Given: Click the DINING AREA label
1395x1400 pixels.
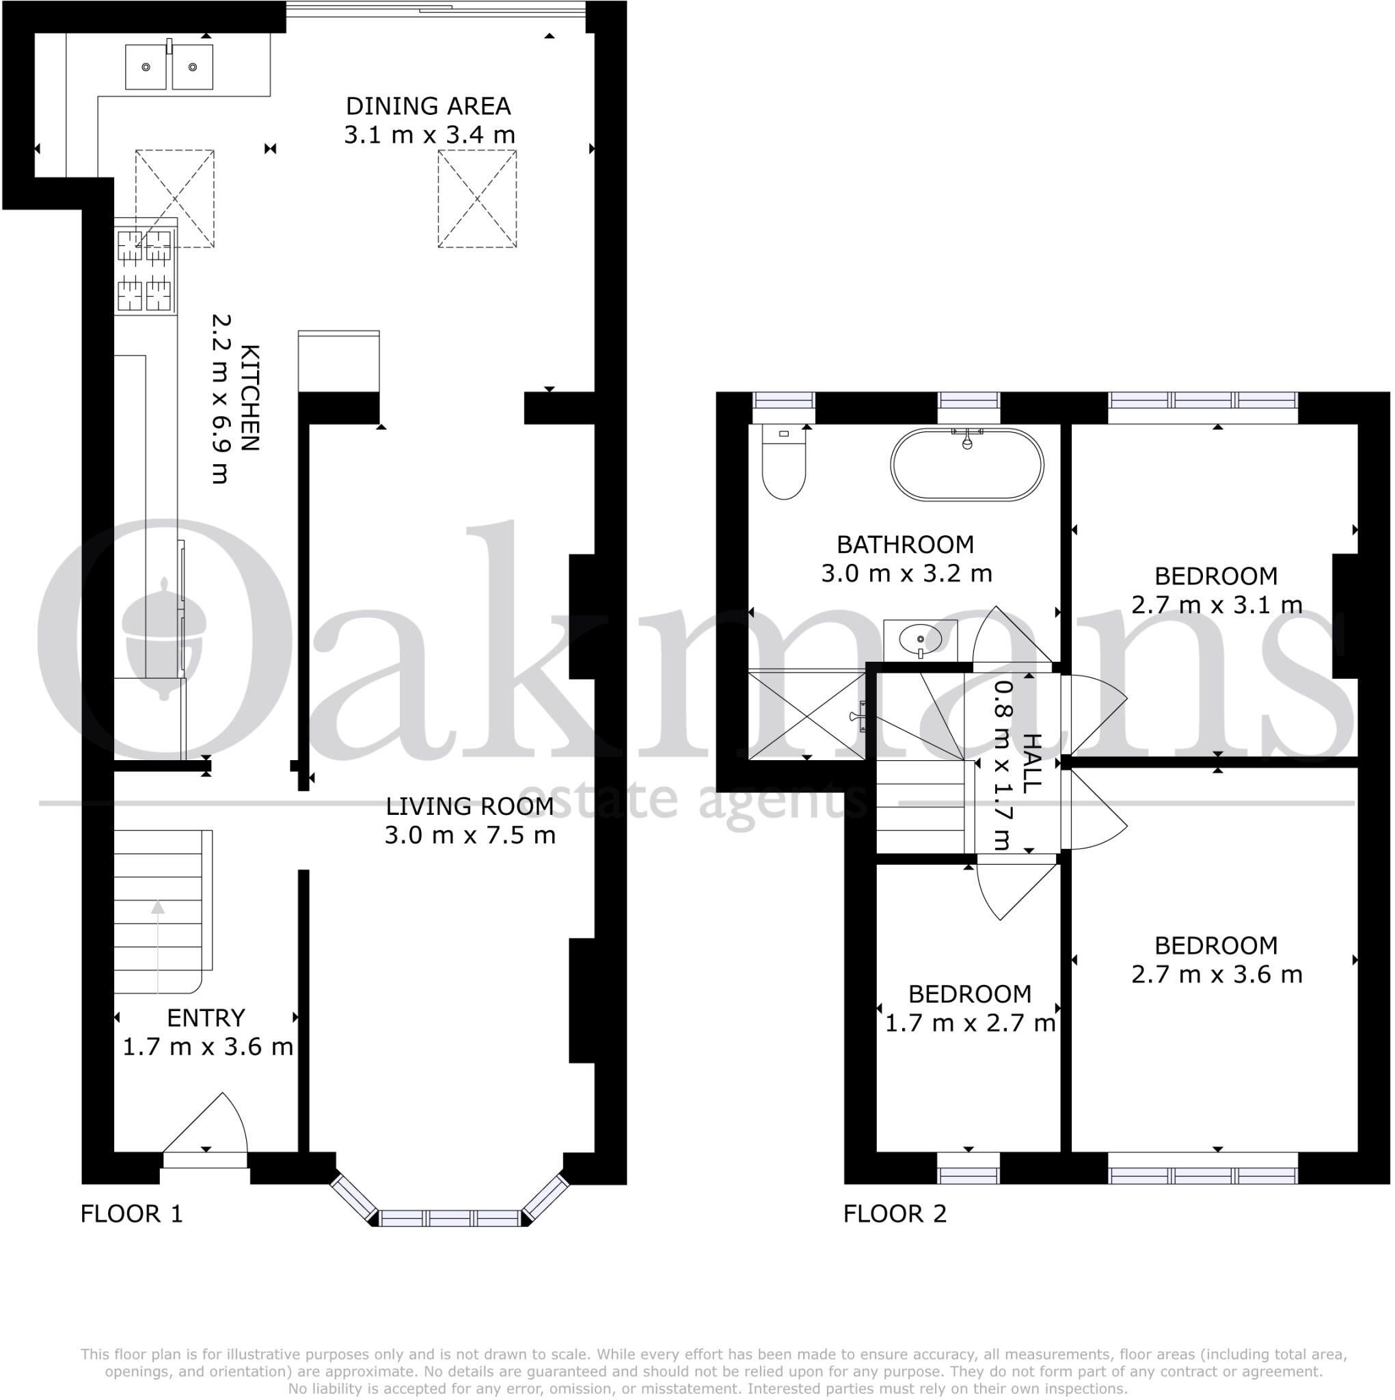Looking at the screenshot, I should point(428,107).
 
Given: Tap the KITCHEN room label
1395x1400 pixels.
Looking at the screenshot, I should point(249,398).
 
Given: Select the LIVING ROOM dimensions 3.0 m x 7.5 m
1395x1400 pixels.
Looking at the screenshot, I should point(470,835).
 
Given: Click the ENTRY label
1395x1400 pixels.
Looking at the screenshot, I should point(206,1018).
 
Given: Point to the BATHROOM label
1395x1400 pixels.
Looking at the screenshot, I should point(904,544).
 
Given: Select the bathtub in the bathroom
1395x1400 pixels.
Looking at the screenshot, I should point(966,464).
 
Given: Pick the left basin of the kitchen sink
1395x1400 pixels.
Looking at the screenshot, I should point(146,68).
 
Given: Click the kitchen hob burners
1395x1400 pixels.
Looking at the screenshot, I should point(145,270).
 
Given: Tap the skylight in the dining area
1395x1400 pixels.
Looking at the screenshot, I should point(477,198).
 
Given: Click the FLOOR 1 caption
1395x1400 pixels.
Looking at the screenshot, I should point(131,1214).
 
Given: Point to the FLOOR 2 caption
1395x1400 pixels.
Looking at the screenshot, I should point(894,1214).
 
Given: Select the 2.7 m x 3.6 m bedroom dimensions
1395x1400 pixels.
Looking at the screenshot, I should point(1216,975).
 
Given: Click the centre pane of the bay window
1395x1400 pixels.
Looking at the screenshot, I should point(450,1217).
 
